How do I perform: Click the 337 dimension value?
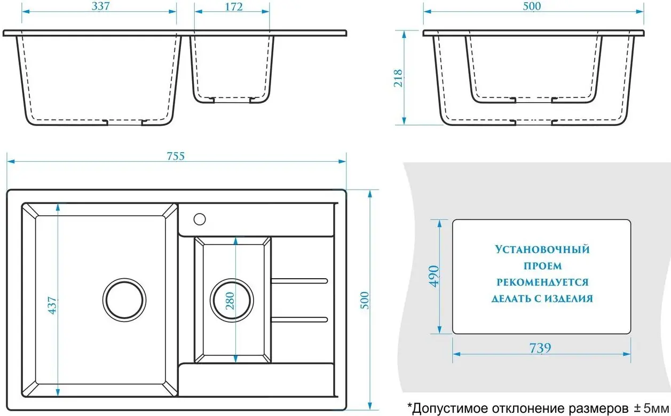click(x=101, y=6)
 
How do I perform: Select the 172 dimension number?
click(x=234, y=6)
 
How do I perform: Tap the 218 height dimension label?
click(x=398, y=78)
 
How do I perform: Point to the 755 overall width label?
click(x=176, y=156)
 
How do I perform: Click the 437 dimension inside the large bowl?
click(x=52, y=305)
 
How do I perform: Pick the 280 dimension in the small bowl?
click(x=230, y=301)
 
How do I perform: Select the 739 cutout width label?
click(x=540, y=348)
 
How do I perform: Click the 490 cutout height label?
click(x=434, y=276)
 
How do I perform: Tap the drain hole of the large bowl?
click(x=124, y=300)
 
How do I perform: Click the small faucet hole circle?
click(x=200, y=219)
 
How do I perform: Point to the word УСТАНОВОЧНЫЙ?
click(x=542, y=249)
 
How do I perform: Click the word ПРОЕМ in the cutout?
click(x=542, y=266)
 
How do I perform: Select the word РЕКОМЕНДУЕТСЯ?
click(x=542, y=282)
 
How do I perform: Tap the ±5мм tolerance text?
click(x=651, y=408)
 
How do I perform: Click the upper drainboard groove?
click(x=299, y=281)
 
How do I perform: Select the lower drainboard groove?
click(x=299, y=319)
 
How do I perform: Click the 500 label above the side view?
click(x=532, y=6)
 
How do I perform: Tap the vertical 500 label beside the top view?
click(x=365, y=300)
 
